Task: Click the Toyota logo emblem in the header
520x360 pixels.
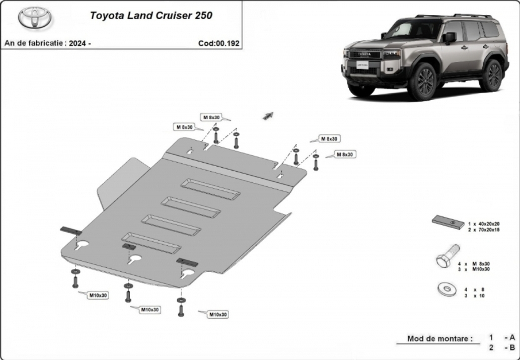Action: tap(35, 18)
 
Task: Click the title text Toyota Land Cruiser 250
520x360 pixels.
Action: tap(151, 16)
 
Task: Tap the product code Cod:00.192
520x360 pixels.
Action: tap(219, 43)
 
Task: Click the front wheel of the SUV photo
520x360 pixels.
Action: tap(423, 82)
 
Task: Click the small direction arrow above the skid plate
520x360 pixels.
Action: tap(268, 116)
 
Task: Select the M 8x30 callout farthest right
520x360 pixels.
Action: tap(345, 154)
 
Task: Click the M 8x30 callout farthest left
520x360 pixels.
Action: tap(184, 127)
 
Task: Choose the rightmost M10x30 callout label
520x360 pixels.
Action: tap(218, 314)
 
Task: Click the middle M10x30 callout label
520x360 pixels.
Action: tap(150, 310)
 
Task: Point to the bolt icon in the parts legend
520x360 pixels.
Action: tap(448, 256)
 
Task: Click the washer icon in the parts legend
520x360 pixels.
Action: tap(447, 290)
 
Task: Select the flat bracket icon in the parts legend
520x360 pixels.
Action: tap(448, 222)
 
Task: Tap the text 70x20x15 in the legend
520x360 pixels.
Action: tap(488, 230)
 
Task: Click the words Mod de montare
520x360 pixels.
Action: tap(440, 339)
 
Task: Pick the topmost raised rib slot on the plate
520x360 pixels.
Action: tap(210, 189)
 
